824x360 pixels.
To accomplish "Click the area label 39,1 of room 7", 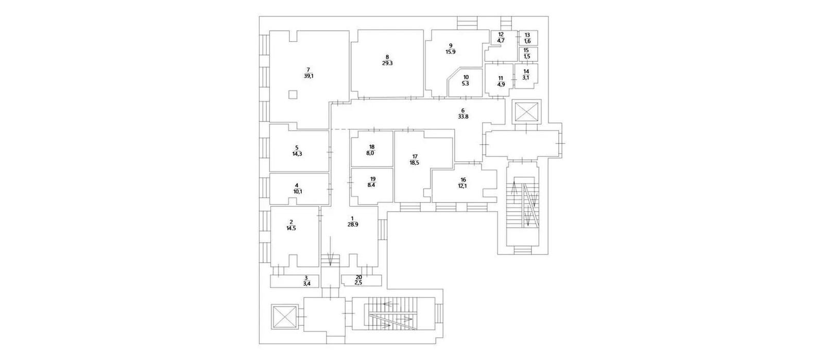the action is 308,77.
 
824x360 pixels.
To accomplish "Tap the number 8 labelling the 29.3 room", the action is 387,57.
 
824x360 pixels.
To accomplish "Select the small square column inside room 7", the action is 293,95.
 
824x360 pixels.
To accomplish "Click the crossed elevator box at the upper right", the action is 526,112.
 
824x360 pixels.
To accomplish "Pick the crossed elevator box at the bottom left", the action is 284,317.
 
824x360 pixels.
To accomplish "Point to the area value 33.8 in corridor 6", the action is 463,117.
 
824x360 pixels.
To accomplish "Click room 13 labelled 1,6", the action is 527,38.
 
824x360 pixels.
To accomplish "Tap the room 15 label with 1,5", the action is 526,54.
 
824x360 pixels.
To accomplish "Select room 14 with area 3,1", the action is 526,75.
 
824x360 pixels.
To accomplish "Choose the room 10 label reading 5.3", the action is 466,80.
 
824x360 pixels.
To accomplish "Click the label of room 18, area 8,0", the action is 371,150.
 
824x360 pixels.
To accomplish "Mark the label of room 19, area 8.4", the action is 371,182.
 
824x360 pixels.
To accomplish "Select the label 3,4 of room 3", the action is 306,283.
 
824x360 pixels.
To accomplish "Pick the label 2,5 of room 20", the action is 358,283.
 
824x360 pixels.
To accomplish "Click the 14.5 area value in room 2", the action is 291,228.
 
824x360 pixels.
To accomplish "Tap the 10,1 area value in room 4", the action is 297,192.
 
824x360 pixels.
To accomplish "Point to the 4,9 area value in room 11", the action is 501,84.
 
